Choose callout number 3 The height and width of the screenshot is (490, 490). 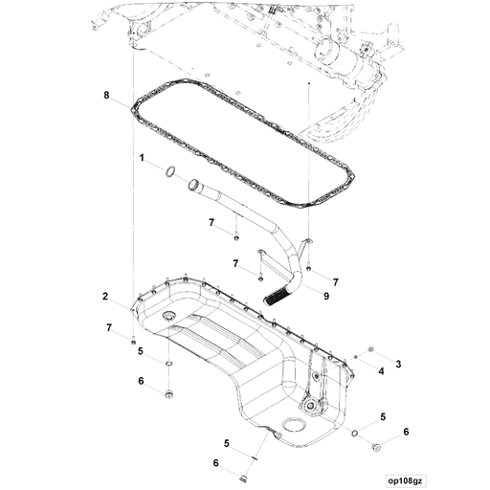[399, 364]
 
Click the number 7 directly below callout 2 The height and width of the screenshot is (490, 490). [108, 328]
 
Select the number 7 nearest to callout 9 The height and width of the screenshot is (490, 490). [336, 280]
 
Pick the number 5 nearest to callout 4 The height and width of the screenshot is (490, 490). [383, 416]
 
